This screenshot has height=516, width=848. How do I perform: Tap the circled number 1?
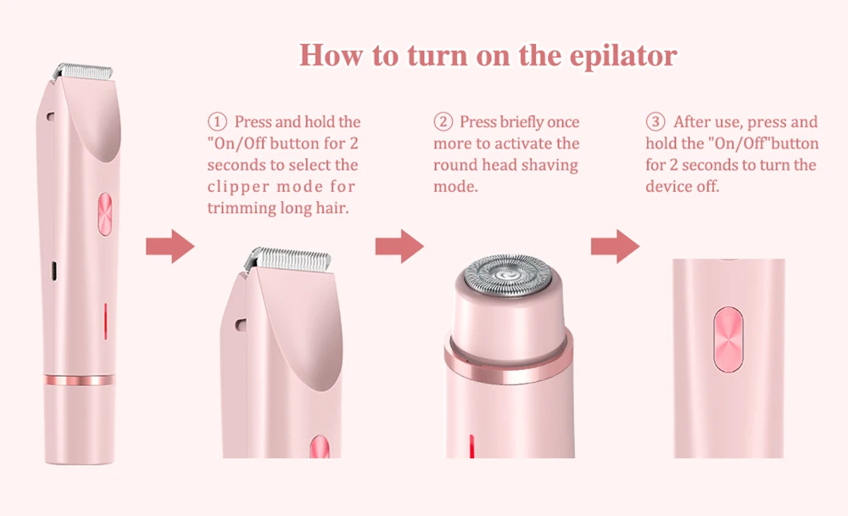(x=217, y=123)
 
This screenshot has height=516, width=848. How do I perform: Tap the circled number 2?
(x=443, y=123)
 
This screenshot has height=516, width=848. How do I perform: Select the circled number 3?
(x=656, y=123)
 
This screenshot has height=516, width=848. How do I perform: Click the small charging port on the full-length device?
(x=53, y=270)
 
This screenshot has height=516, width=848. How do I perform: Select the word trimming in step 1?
(x=240, y=208)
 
